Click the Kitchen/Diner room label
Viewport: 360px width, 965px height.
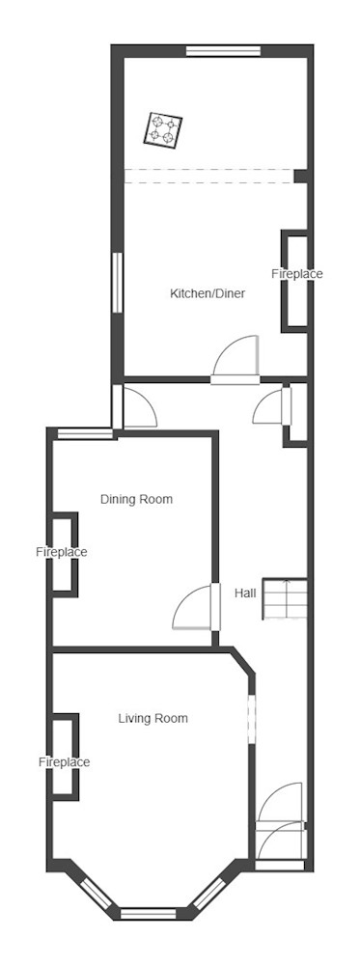tap(208, 293)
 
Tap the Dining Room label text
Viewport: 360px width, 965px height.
tap(137, 499)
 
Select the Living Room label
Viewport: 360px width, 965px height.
tap(153, 718)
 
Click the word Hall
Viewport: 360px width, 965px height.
tap(245, 593)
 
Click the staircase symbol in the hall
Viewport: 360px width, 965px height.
tap(285, 598)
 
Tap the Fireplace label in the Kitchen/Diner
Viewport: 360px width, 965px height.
tap(297, 274)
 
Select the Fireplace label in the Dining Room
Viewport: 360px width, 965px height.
tap(61, 552)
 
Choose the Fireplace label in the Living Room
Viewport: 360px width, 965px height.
tap(64, 762)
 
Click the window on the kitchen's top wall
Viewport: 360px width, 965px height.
tap(223, 50)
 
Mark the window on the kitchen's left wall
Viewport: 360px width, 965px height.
tap(118, 284)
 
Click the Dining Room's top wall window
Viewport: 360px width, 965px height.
tap(85, 434)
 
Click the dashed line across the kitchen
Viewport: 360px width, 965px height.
tap(209, 176)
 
